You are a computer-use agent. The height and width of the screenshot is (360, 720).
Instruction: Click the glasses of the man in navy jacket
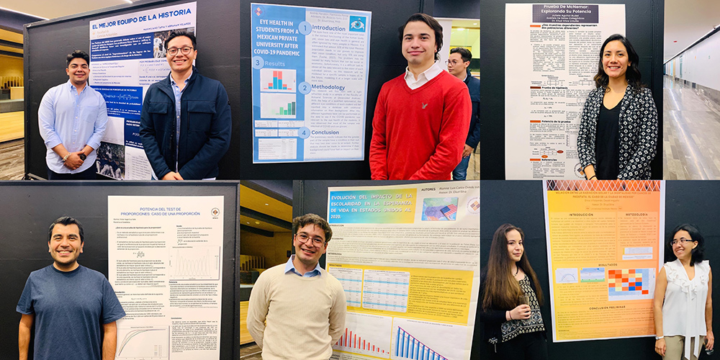click(x=179, y=50)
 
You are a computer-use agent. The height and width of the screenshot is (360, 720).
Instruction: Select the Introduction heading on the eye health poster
click(x=328, y=28)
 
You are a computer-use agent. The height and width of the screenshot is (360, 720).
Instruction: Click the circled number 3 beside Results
click(x=258, y=63)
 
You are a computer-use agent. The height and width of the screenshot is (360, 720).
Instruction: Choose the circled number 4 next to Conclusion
click(x=305, y=132)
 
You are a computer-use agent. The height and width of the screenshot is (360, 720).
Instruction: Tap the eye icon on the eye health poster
click(x=356, y=24)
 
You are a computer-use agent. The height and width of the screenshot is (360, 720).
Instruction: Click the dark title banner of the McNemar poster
click(x=565, y=14)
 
